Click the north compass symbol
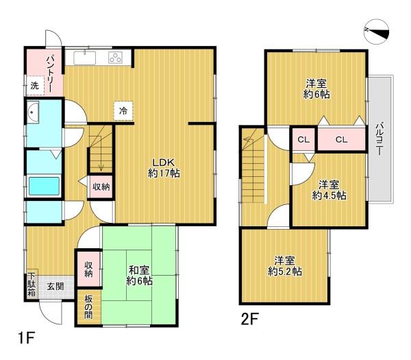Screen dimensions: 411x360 [377, 32]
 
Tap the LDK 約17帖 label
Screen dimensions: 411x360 [164, 168]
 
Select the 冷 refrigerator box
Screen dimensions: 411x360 [123, 111]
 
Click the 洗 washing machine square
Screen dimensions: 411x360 [35, 86]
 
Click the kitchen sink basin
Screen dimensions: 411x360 [85, 58]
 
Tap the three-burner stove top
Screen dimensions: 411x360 [116, 58]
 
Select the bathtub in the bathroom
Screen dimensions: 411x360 [44, 186]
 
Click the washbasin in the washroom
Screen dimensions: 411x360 [33, 112]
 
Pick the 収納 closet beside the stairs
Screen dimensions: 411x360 [101, 187]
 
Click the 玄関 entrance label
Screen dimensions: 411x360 [55, 286]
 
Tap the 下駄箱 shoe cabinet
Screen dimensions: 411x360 [32, 285]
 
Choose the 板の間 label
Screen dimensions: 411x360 [88, 307]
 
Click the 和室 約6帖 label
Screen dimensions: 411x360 [139, 276]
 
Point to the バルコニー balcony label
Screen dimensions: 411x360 [379, 139]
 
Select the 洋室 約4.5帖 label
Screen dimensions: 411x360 [329, 190]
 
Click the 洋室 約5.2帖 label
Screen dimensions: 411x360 [285, 266]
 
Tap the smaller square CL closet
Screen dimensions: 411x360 [303, 140]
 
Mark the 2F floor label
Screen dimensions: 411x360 [250, 319]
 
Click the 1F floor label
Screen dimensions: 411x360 [26, 338]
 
